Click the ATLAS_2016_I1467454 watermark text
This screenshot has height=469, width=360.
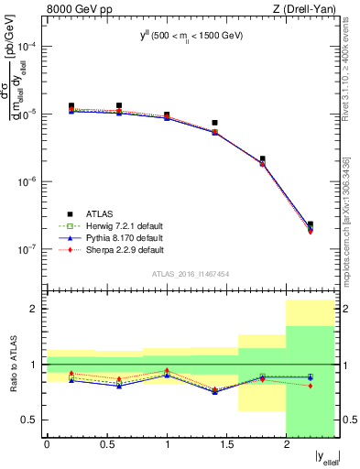[x=191, y=274]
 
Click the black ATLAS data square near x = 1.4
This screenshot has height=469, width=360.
[x=214, y=123]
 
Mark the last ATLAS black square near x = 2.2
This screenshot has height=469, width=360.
[x=311, y=224]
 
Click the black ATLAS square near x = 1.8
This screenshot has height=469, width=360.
[x=263, y=159]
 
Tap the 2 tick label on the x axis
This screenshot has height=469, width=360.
[x=286, y=445]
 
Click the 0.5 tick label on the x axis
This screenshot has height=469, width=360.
[x=106, y=445]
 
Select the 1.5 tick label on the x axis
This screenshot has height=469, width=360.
[x=226, y=445]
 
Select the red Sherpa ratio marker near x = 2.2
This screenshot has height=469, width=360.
[x=311, y=386]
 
